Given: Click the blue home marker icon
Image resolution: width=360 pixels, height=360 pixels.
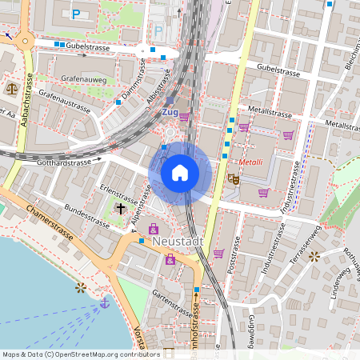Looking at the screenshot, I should (x=180, y=173).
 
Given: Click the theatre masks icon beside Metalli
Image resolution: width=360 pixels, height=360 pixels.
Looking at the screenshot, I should (x=233, y=180).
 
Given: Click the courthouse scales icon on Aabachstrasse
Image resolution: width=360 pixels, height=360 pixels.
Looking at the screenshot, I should (x=12, y=88).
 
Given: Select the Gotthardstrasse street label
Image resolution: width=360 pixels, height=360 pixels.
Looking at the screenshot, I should (x=66, y=162).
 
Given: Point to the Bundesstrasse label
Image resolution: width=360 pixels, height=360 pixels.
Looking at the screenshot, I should (x=86, y=215).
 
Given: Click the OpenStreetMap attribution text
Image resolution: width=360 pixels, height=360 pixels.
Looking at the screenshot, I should (x=81, y=354).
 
